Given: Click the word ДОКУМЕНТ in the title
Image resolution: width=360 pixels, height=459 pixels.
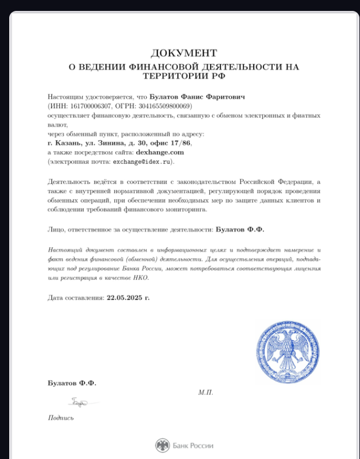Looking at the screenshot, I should pyautogui.click(x=184, y=53).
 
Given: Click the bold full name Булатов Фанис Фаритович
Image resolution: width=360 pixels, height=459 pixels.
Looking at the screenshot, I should pyautogui.click(x=197, y=97).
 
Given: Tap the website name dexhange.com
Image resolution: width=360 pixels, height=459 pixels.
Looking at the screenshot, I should pyautogui.click(x=160, y=152).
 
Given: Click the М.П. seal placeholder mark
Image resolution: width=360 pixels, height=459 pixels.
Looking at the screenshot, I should pyautogui.click(x=205, y=392).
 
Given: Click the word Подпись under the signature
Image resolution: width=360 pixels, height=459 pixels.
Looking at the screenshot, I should pyautogui.click(x=61, y=418).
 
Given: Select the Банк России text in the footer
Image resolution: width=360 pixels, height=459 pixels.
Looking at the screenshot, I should pyautogui.click(x=193, y=445).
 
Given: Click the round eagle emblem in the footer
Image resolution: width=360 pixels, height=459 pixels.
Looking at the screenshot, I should pyautogui.click(x=163, y=445).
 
